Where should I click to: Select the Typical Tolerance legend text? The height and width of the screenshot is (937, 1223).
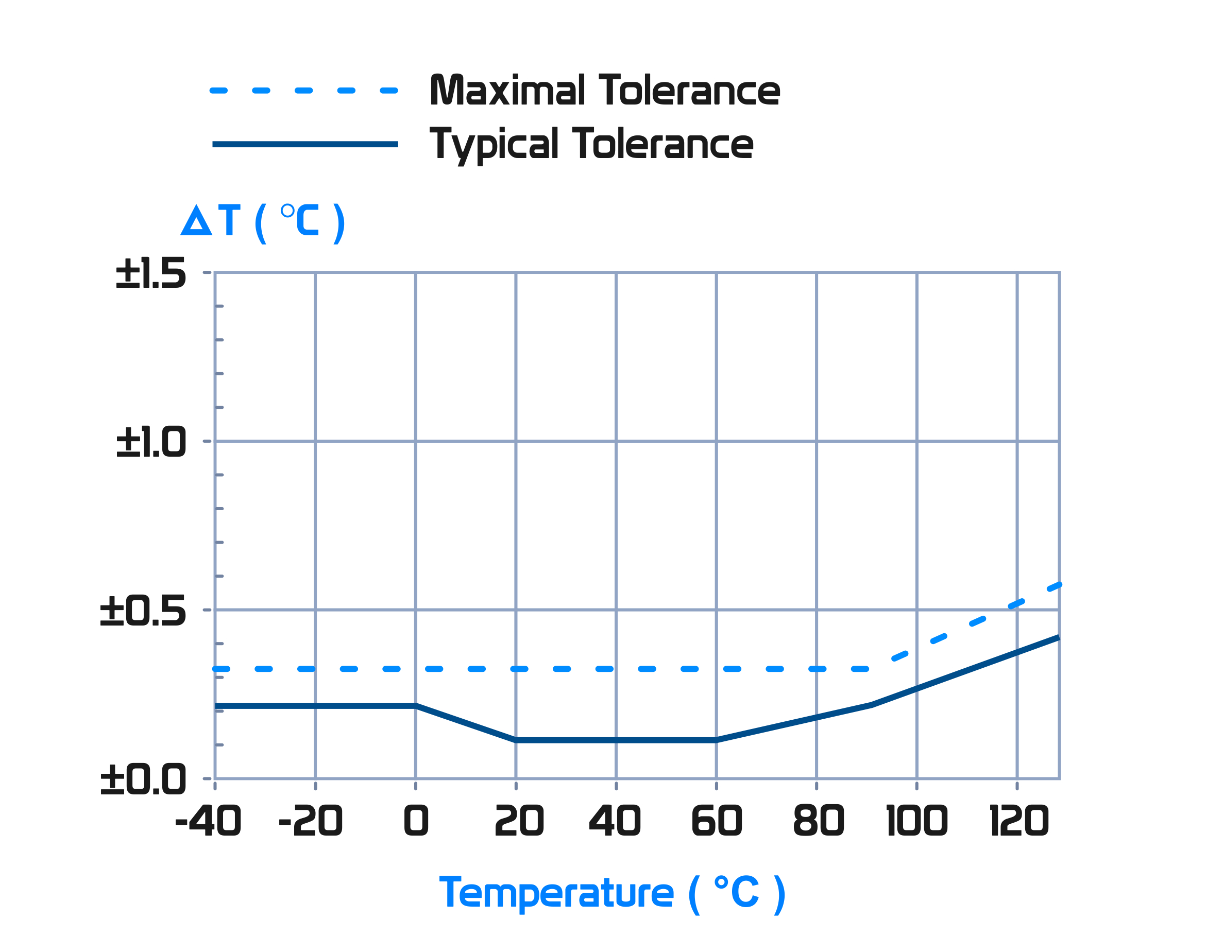point(591,145)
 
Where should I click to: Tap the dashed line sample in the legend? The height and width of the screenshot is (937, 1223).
point(304,91)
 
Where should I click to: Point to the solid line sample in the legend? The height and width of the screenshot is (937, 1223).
point(304,145)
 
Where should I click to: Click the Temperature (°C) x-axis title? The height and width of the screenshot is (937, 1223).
point(612,894)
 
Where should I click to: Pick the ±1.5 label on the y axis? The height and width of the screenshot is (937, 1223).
point(150,273)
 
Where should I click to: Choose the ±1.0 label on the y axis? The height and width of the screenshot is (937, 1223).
point(150,442)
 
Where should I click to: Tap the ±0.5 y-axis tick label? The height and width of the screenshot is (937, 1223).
point(142,610)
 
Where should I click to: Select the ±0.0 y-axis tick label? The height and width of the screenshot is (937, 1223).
point(142,779)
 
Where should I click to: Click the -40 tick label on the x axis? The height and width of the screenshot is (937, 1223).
point(208,821)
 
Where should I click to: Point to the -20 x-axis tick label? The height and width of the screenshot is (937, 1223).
point(310,821)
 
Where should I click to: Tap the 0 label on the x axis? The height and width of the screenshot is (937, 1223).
point(416,821)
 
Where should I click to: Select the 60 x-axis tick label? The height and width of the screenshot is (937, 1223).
point(717,821)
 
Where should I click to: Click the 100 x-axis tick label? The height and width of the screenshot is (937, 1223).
point(916,821)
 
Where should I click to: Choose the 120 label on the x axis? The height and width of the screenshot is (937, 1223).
point(1018,821)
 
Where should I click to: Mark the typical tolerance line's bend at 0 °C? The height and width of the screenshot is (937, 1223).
point(416,706)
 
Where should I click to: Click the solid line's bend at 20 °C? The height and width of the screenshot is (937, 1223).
point(516,740)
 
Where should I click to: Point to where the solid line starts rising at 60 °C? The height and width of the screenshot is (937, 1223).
point(717,740)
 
